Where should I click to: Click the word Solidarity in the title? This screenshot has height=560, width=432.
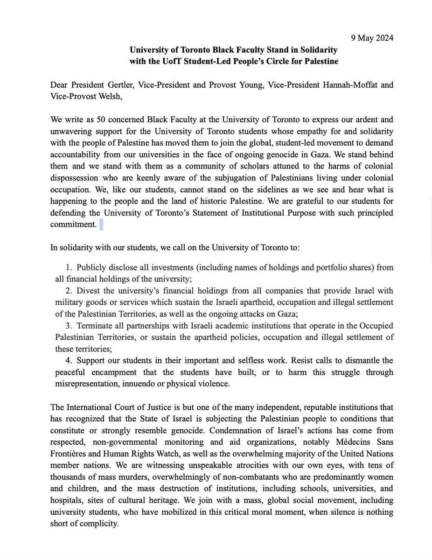(315, 49)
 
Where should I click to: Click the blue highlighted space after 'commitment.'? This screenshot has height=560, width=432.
(101, 225)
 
